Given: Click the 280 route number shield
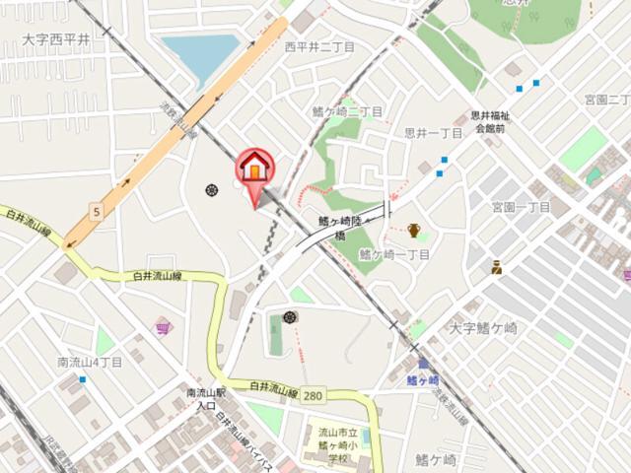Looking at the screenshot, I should [x=313, y=395].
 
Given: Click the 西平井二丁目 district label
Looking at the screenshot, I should [x=319, y=46].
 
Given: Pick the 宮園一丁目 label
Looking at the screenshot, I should [x=521, y=207].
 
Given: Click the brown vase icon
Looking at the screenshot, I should [x=415, y=231].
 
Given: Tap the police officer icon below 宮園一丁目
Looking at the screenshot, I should [x=498, y=266].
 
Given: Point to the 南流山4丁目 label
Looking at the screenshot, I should [x=90, y=362].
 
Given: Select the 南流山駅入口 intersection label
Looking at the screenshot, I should [x=206, y=399].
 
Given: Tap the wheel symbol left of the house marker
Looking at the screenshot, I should [x=211, y=189].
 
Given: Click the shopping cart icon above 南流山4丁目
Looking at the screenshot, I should [x=163, y=326].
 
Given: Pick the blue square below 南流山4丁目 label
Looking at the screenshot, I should [x=83, y=379].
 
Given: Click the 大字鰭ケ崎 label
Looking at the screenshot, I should [x=483, y=327].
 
